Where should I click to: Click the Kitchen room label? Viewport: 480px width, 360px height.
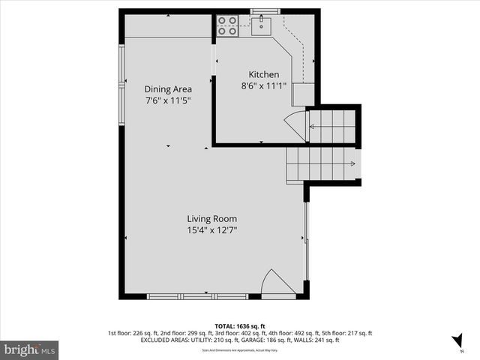(264, 74)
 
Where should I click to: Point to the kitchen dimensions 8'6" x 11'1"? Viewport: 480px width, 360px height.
(264, 85)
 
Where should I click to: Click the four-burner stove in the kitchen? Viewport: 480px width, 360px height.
(227, 26)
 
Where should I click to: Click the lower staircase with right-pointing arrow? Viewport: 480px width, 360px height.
(322, 163)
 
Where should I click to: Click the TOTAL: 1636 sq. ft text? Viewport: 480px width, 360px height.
(239, 326)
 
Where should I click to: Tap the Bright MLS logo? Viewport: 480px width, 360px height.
(30, 349)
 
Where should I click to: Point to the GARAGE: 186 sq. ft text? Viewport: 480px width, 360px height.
(304, 340)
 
